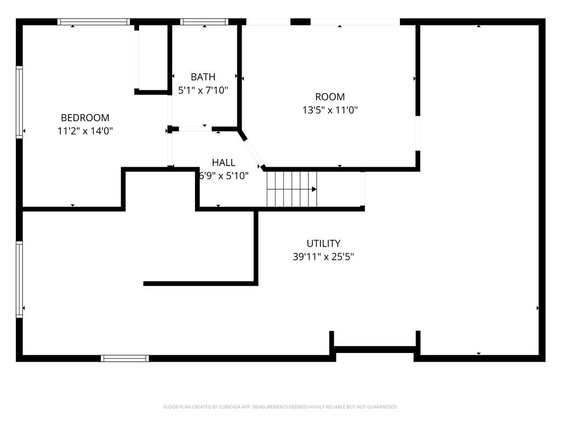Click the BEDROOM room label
[x=85, y=117]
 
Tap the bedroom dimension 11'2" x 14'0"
[x=85, y=131]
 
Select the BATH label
[x=203, y=77]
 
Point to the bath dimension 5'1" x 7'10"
[x=203, y=90]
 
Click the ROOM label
[x=330, y=97]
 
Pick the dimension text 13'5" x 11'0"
[x=330, y=110]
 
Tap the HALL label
[x=224, y=162]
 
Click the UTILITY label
[x=323, y=243]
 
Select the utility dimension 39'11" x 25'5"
[x=323, y=257]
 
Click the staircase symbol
[x=291, y=189]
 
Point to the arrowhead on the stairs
[x=314, y=189]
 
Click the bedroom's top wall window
[x=94, y=22]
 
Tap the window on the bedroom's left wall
[x=20, y=102]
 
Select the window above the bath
[x=204, y=22]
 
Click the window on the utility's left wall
[x=20, y=280]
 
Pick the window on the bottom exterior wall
[x=125, y=359]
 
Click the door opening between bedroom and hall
[x=170, y=149]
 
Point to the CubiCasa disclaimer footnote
[x=280, y=407]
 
